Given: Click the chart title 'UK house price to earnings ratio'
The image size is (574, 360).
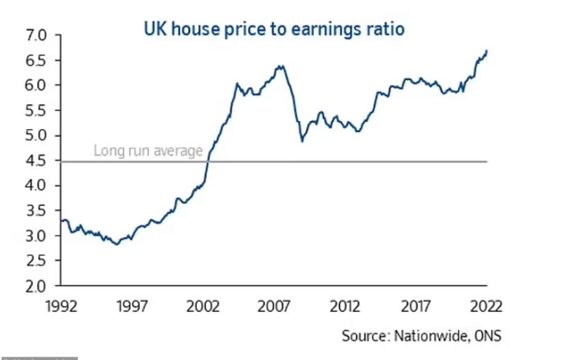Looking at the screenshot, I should [x=274, y=28].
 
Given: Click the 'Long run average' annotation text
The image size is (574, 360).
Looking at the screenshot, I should [x=147, y=151].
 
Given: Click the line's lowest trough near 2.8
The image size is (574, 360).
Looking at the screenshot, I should [x=117, y=244].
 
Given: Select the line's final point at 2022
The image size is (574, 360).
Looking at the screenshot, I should [x=487, y=51].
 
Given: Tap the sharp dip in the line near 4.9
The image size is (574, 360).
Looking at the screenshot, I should [x=301, y=141].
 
